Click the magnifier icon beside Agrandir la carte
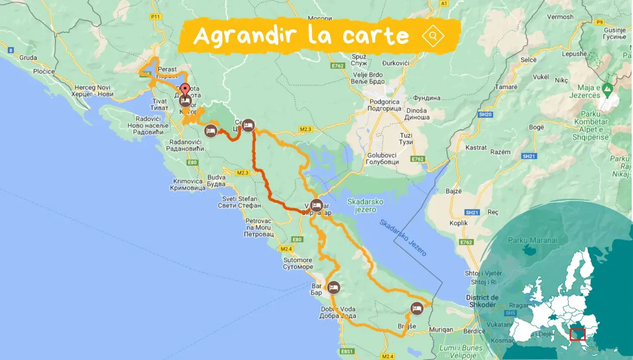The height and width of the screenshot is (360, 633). pos(433,36)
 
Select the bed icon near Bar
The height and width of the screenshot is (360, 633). pos(334,288)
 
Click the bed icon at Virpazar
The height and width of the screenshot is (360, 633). pos(316,205)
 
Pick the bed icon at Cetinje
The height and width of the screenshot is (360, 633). pos(248,125)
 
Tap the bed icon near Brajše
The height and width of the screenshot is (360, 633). pos(417,309)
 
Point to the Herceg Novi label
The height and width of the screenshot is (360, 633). pos(94,91)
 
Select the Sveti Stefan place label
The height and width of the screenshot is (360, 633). pos(240,202)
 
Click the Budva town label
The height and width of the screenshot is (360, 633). pos(216,181)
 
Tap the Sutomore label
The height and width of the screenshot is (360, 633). pos(298,263)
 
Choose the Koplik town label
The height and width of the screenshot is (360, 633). pos(459,223)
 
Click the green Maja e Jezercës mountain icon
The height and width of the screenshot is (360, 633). pos(608,90)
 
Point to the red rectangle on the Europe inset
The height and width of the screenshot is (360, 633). pos(577,335)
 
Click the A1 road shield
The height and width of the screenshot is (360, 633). pos(444,4)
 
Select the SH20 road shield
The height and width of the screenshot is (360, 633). pos(483,115)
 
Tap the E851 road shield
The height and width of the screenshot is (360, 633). pos(346,352)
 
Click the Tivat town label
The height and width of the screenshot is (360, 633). pos(159,104)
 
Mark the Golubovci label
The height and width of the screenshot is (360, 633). pos(383,158)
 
